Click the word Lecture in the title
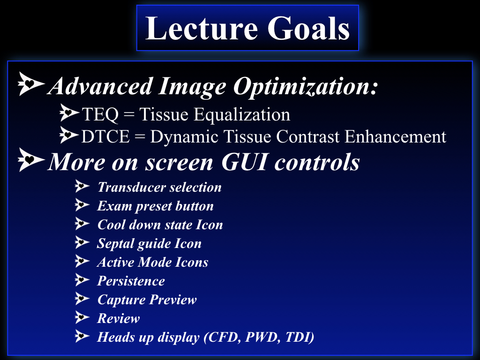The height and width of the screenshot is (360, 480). (201, 28)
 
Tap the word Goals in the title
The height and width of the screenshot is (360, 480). (308, 28)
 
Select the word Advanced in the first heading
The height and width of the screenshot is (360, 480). (101, 86)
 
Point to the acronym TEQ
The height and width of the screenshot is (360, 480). (100, 115)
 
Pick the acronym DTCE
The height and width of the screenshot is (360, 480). (105, 136)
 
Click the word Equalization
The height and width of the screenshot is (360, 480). (242, 115)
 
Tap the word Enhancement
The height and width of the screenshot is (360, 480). (395, 136)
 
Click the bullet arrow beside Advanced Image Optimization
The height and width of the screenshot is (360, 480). (31, 83)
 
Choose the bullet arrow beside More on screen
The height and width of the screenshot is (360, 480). (31, 159)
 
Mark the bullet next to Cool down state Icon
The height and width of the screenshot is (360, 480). (82, 224)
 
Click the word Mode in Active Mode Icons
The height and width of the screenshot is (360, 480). (154, 262)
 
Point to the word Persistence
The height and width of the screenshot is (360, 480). (131, 281)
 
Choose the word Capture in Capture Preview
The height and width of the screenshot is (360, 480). (121, 300)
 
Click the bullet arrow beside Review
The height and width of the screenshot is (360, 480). (82, 317)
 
